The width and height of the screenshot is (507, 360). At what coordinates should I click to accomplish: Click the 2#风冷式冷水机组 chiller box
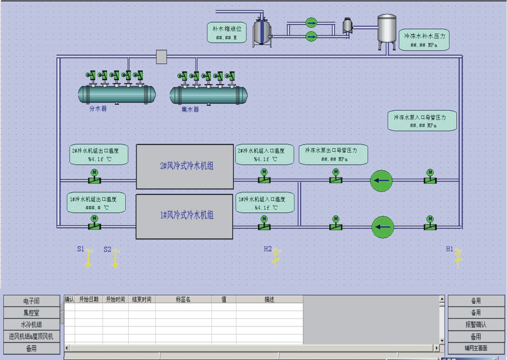coord(185,166)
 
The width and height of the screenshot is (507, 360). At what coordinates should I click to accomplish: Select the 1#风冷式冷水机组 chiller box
coord(185,216)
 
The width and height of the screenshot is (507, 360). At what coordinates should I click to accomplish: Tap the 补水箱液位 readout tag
coord(227,33)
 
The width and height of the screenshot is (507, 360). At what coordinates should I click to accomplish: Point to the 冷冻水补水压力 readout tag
coord(424,40)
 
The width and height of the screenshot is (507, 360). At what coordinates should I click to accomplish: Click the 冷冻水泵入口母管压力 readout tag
coord(422,121)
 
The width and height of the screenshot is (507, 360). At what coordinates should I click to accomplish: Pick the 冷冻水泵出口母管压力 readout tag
coord(333,154)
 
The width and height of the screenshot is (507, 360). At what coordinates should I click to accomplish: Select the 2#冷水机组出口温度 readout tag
coord(99,155)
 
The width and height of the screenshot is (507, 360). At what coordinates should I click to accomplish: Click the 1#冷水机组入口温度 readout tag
coord(264,203)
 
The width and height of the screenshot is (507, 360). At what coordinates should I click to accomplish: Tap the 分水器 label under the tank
coord(98,109)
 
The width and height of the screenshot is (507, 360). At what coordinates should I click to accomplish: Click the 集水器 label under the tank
coord(190,109)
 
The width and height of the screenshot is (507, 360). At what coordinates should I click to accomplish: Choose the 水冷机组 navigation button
coord(32,324)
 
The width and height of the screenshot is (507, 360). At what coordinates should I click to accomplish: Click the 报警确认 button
coord(476,324)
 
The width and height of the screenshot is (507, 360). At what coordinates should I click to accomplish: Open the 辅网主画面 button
coord(476,348)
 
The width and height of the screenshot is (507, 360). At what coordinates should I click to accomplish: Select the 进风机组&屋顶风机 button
coord(32,336)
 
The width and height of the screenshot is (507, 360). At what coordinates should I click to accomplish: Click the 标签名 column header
coord(183,300)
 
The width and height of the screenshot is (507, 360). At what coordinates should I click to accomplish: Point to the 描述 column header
coord(269,300)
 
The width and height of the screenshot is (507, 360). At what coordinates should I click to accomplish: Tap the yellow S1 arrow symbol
coord(89,258)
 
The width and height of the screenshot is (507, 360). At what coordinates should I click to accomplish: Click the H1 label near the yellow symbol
coord(449,249)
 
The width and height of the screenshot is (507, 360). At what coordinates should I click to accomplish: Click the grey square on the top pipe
coord(162,57)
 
